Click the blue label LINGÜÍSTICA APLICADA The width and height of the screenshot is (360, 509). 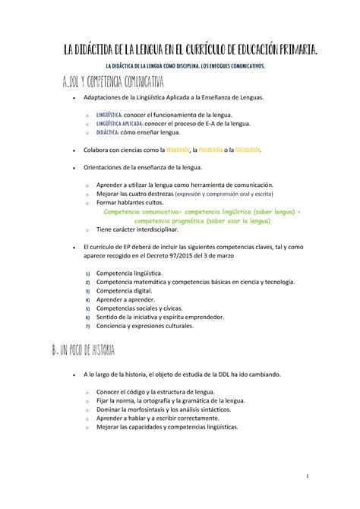point(118,123)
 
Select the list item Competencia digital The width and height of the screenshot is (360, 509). point(123,291)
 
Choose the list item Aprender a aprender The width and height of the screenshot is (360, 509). point(124,300)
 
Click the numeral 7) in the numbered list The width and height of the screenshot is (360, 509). point(87,327)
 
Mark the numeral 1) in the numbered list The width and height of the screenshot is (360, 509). point(87,273)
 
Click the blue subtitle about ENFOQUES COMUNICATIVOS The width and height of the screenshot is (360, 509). point(180,67)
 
